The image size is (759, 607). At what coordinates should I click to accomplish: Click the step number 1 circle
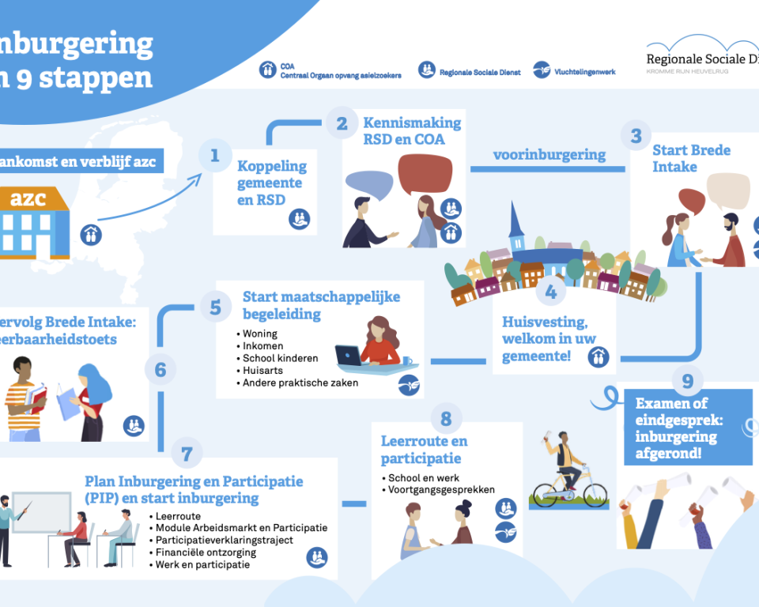click(214, 156)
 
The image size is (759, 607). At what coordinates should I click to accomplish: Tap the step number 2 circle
click(342, 123)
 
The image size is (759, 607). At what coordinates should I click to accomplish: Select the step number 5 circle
click(215, 307)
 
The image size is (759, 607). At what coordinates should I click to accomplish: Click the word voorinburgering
click(549, 155)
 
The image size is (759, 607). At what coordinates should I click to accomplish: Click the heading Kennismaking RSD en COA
click(411, 131)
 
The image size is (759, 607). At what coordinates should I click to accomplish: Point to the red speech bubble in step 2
click(427, 174)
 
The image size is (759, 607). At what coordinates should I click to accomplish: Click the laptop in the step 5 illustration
click(348, 356)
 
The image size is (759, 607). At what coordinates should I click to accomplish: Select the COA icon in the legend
click(268, 70)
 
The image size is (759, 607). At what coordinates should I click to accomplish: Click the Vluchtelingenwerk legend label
click(586, 72)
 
